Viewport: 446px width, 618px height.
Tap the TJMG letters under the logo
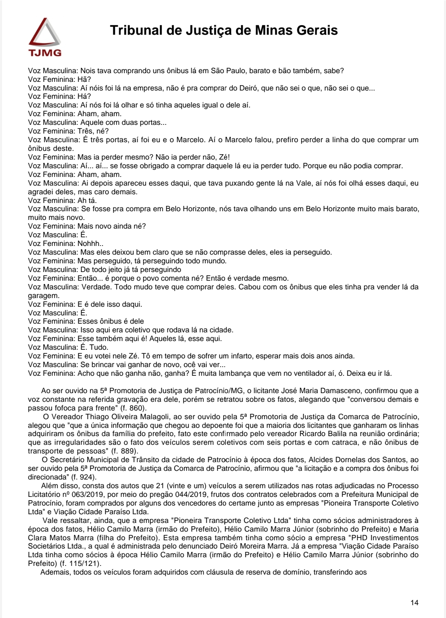click(45, 53)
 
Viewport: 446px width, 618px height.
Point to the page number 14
click(414, 603)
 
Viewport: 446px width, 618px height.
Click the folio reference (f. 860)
click(133, 408)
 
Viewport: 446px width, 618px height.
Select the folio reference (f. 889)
click(124, 451)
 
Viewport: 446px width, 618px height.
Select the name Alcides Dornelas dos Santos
click(358, 460)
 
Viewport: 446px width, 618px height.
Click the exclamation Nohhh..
click(90, 243)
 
